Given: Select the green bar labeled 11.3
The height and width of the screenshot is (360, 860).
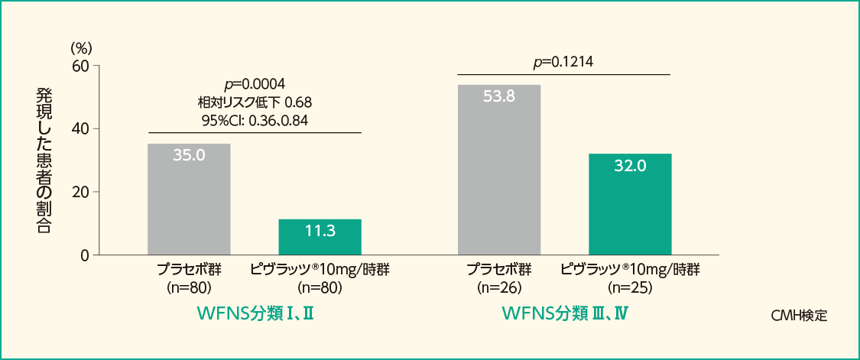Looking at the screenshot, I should click(x=320, y=237).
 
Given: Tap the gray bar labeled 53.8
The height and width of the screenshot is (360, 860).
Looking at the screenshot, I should click(x=499, y=170).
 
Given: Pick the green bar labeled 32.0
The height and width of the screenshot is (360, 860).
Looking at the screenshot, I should click(x=630, y=204).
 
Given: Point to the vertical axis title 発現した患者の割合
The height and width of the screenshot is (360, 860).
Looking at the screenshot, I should click(x=44, y=161).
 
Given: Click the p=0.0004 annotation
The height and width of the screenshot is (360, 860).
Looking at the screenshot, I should click(x=255, y=83).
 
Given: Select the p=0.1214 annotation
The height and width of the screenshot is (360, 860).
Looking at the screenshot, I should click(x=563, y=62).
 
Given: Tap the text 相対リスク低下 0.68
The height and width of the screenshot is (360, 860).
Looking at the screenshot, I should click(x=255, y=102).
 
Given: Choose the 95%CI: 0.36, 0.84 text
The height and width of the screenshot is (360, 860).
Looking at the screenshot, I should click(x=255, y=120).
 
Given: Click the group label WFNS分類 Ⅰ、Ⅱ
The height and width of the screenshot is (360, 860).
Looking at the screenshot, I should click(x=256, y=314).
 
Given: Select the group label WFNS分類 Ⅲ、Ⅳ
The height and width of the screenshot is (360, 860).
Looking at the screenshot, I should click(x=566, y=314).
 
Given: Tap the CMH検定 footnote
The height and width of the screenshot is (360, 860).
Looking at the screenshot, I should click(x=800, y=315).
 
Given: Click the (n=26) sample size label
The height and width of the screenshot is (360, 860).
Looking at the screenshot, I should click(x=498, y=288).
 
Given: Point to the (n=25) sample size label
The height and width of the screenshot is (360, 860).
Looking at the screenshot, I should click(x=630, y=288).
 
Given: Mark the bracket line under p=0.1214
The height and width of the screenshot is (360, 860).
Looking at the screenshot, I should click(x=563, y=74).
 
